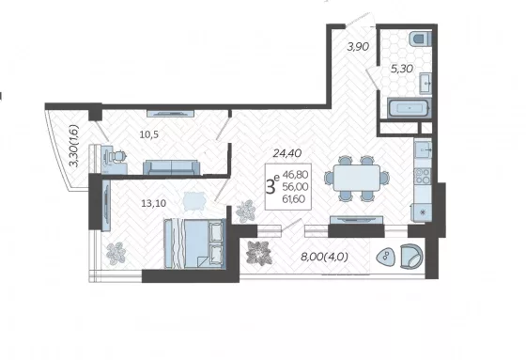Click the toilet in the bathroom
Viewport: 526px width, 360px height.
pyautogui.click(x=421, y=39)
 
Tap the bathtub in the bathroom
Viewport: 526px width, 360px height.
pyautogui.click(x=410, y=108)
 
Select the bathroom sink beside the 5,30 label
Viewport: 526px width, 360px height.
pyautogui.click(x=425, y=83)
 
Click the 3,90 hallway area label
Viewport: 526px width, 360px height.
pyautogui.click(x=358, y=46)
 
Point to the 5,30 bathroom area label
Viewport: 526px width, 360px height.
pyautogui.click(x=402, y=69)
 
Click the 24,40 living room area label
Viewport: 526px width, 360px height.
pyautogui.click(x=287, y=153)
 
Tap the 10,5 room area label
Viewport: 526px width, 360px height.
pyautogui.click(x=149, y=134)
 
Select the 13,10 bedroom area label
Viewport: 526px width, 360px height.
pyautogui.click(x=154, y=203)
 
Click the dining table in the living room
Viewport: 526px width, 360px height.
pyautogui.click(x=357, y=179)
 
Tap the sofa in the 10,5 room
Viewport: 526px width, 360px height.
pyautogui.click(x=171, y=167)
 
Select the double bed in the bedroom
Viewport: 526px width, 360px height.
pyautogui.click(x=193, y=243)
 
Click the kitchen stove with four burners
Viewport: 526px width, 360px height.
pyautogui.click(x=423, y=176)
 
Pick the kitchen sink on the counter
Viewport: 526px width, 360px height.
pyautogui.click(x=423, y=149)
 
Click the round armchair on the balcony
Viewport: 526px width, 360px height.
pyautogui.click(x=411, y=257)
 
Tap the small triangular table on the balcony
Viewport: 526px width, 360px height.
pyautogui.click(x=386, y=257)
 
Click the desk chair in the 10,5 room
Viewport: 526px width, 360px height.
pyautogui.click(x=118, y=156)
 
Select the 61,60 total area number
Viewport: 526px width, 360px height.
pyautogui.click(x=294, y=199)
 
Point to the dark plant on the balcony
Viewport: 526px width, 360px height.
pyautogui.click(x=258, y=253)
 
